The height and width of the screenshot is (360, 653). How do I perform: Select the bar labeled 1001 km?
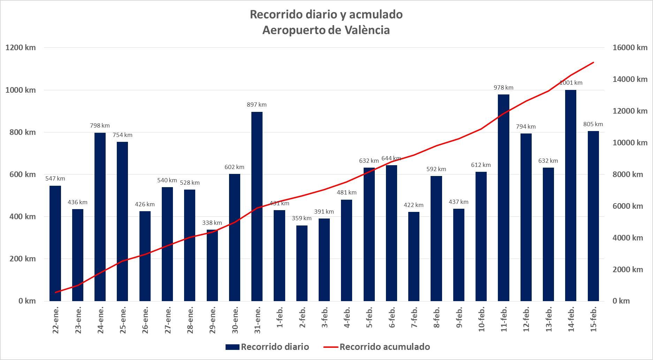click(570, 195)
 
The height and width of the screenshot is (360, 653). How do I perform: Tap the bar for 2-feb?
click(302, 263)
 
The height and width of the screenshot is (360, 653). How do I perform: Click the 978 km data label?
click(503, 87)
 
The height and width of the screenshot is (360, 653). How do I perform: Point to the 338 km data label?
click(212, 223)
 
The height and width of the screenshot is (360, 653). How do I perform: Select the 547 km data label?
click(55, 178)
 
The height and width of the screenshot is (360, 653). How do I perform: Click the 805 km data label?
click(593, 124)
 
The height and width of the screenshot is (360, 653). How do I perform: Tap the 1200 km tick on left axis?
click(21, 47)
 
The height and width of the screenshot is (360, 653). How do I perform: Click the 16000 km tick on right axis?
click(630, 47)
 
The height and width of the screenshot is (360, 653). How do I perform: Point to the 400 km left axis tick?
click(21, 216)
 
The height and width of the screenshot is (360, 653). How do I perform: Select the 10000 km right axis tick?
click(630, 143)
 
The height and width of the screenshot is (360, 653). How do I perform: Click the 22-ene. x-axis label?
click(56, 320)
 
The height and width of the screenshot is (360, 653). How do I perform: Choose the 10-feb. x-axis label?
click(481, 319)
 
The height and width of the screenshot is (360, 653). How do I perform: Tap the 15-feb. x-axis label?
click(593, 319)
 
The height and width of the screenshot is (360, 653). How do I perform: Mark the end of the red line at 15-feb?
click(593, 63)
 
